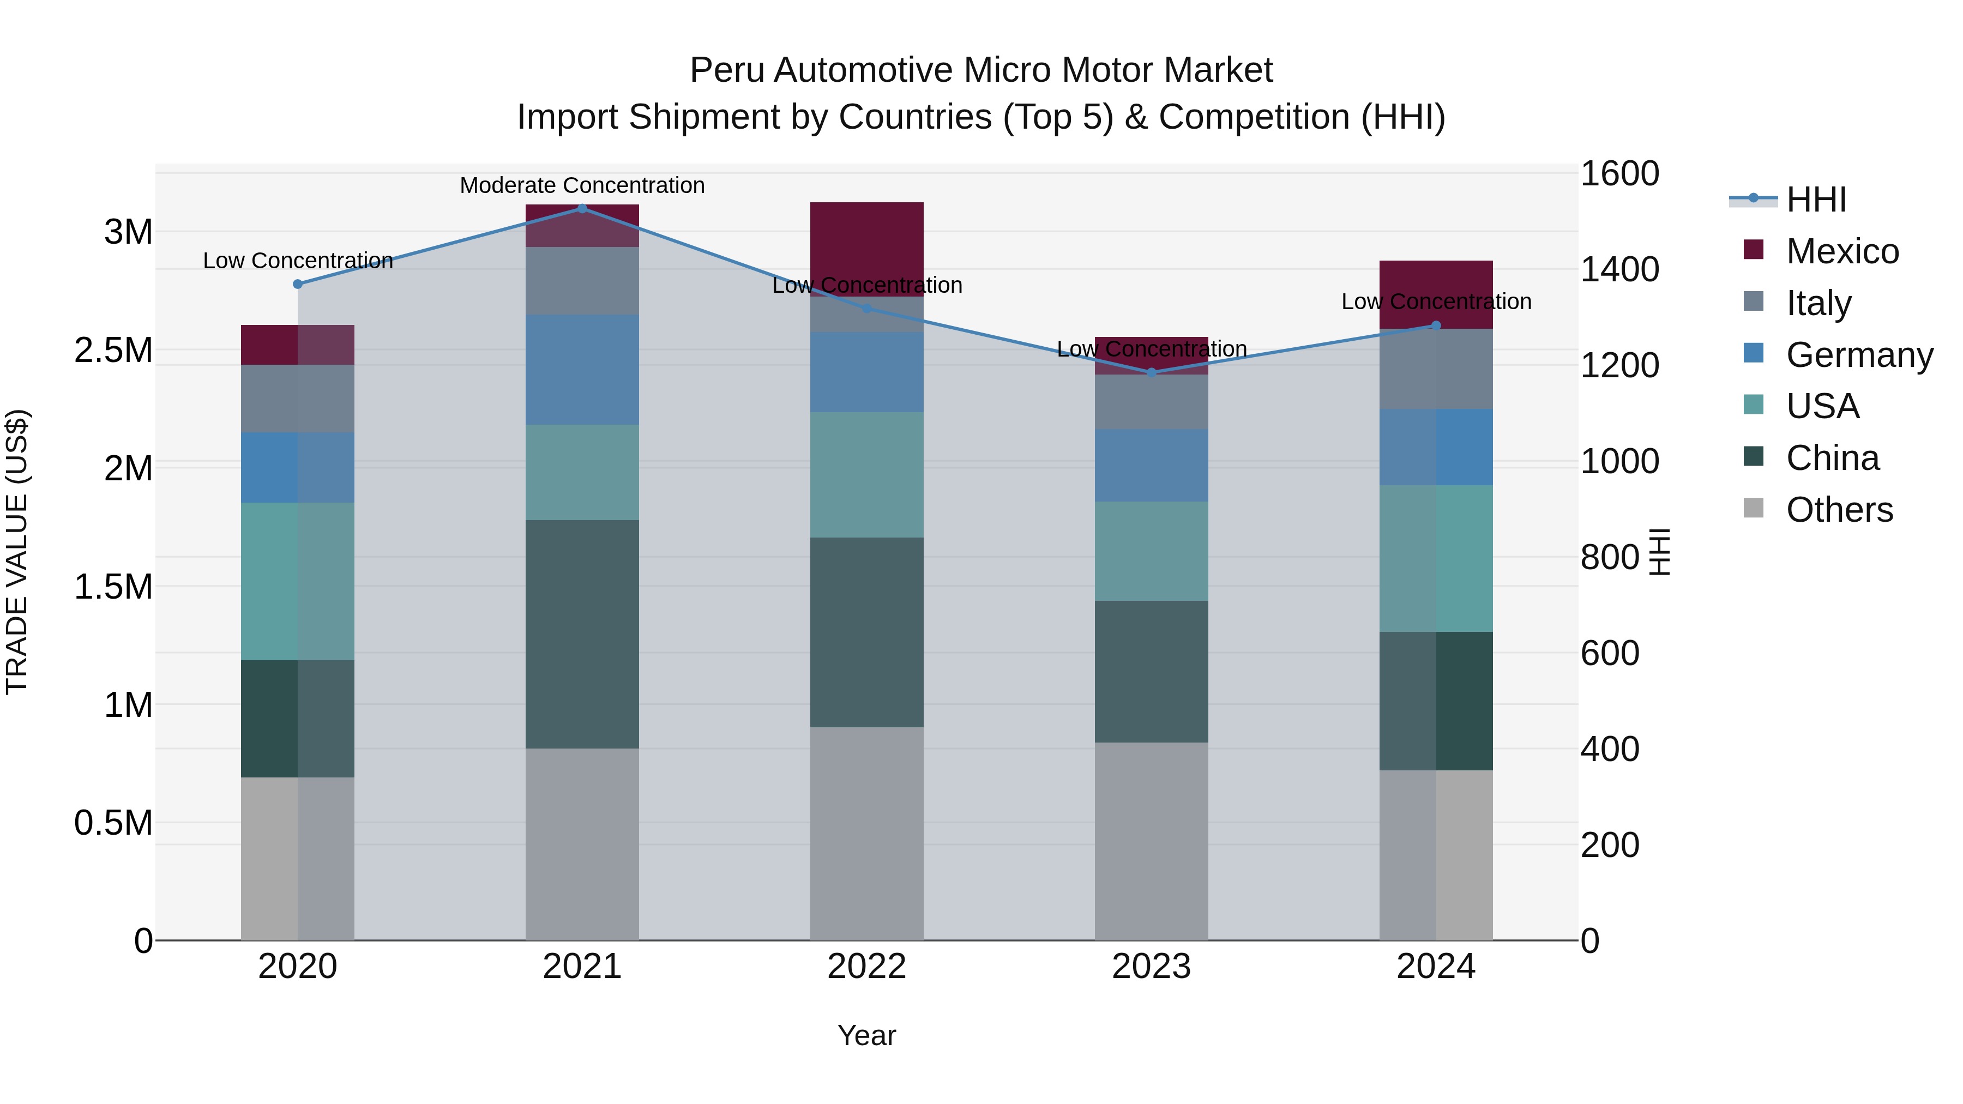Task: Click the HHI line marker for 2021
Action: point(582,208)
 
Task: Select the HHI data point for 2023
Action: point(1152,372)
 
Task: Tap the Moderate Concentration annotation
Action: point(582,185)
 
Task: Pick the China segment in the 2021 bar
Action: point(582,634)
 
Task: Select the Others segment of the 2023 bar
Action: point(1152,841)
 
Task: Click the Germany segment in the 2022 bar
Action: point(866,372)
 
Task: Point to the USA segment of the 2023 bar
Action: point(1152,551)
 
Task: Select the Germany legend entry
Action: point(1859,355)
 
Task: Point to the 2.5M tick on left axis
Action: point(113,351)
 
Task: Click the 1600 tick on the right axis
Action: point(1619,174)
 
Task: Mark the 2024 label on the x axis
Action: point(1436,967)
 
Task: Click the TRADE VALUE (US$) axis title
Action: point(17,552)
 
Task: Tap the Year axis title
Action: point(866,1035)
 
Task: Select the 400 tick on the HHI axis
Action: point(1610,749)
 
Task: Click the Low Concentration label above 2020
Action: point(298,261)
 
